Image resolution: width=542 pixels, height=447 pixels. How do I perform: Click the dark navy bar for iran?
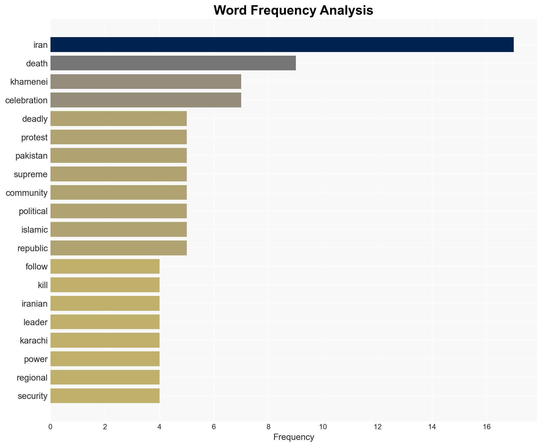[282, 45]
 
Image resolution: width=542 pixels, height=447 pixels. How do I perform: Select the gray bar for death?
[173, 63]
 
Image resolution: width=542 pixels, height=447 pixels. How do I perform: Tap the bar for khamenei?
[146, 82]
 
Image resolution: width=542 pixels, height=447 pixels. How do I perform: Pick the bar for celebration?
[146, 100]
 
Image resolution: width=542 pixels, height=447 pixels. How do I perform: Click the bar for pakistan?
[118, 156]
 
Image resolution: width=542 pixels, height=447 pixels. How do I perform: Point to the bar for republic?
[118, 248]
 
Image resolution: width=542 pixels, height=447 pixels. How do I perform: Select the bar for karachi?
[105, 340]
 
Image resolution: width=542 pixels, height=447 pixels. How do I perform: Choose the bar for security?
[105, 396]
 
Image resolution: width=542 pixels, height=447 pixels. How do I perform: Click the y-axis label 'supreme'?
[31, 174]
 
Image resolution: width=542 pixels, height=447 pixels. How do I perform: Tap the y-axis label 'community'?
[27, 193]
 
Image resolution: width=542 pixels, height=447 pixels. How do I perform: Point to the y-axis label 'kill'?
[43, 285]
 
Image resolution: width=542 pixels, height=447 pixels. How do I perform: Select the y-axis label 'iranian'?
[35, 304]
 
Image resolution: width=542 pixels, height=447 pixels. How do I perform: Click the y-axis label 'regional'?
[32, 378]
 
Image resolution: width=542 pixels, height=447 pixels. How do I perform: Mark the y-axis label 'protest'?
[34, 137]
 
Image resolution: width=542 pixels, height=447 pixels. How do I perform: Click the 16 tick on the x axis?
[487, 427]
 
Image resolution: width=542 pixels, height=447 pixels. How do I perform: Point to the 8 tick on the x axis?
[268, 427]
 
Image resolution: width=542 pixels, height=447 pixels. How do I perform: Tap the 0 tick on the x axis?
[50, 427]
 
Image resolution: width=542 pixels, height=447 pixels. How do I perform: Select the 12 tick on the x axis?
[377, 427]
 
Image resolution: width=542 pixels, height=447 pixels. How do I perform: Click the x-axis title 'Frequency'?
[293, 437]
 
